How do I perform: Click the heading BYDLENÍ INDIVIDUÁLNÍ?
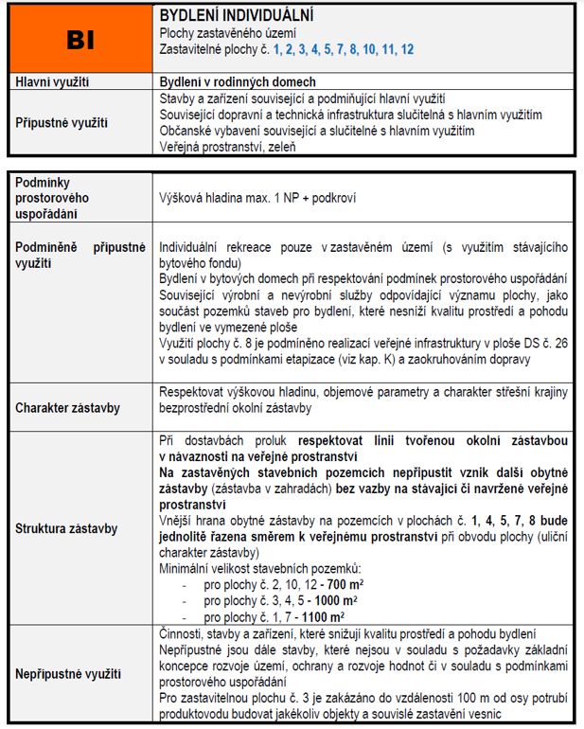237,16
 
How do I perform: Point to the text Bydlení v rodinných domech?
238,82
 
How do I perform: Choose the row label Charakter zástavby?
66,409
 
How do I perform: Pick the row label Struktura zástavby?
66,528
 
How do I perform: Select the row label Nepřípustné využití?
68,674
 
